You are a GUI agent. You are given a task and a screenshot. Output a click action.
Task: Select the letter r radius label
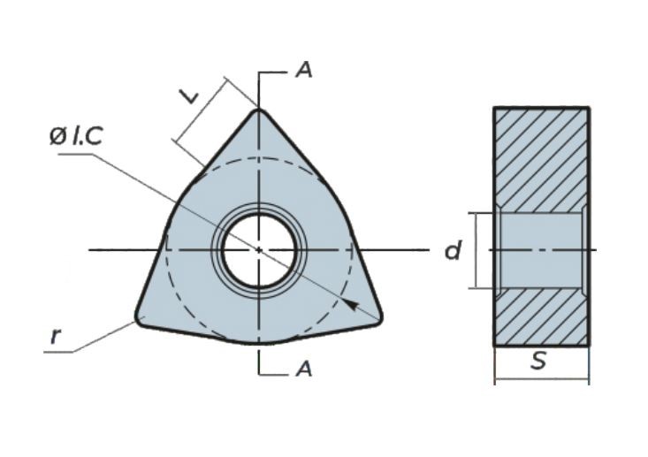56,336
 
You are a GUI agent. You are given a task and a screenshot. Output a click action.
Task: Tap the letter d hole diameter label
453,251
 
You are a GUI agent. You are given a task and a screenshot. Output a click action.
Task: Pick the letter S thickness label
538,361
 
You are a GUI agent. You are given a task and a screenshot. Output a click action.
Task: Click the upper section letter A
303,71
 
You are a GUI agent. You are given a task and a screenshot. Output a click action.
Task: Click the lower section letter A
303,369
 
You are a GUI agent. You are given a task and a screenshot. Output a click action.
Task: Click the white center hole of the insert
258,249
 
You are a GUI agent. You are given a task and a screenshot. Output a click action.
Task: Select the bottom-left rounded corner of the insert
141,317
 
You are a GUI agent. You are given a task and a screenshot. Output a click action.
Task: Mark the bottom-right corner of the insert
378,317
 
